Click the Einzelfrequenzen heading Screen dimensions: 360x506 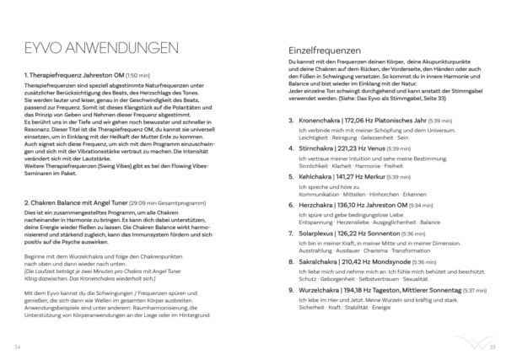point(324,51)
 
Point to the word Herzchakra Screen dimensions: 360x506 point(316,204)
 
